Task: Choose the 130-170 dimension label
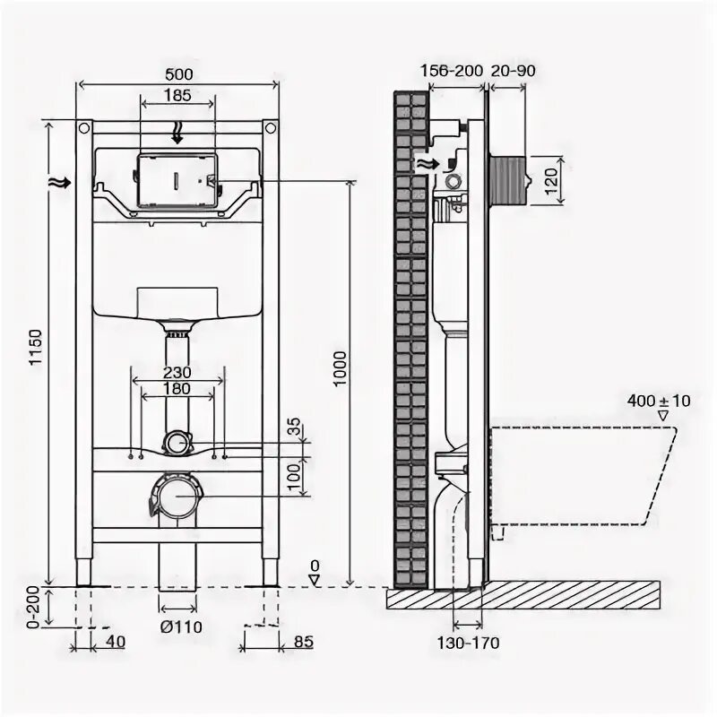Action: click(x=470, y=642)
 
